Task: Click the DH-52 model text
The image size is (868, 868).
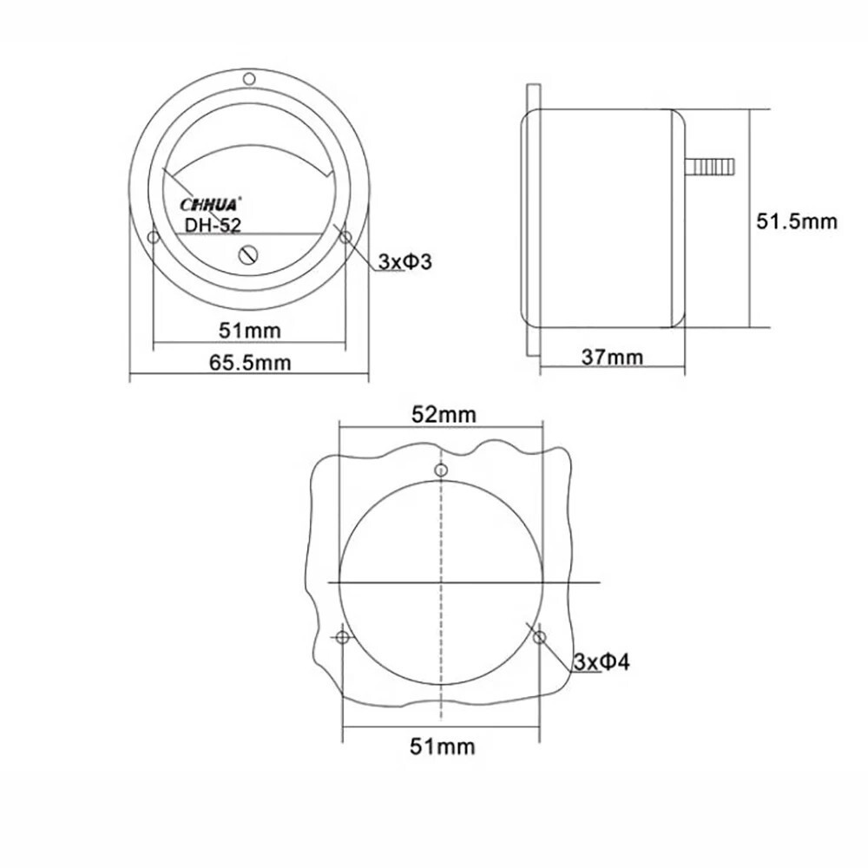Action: pyautogui.click(x=213, y=226)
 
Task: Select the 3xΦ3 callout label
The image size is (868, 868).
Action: pyautogui.click(x=404, y=261)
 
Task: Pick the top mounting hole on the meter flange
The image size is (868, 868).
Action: pyautogui.click(x=249, y=80)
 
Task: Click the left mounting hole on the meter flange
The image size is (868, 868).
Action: pyautogui.click(x=153, y=237)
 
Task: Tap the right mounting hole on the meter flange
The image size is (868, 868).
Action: pyautogui.click(x=345, y=237)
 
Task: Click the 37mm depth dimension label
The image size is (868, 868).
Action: pyautogui.click(x=613, y=357)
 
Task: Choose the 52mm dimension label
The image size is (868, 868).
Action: pyautogui.click(x=444, y=414)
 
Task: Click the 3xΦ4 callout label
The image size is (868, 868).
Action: pyautogui.click(x=602, y=663)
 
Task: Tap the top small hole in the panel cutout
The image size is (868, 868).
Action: pyautogui.click(x=442, y=470)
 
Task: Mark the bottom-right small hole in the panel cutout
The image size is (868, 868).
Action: pyautogui.click(x=540, y=638)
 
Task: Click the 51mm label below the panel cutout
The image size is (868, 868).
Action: pyautogui.click(x=443, y=745)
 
